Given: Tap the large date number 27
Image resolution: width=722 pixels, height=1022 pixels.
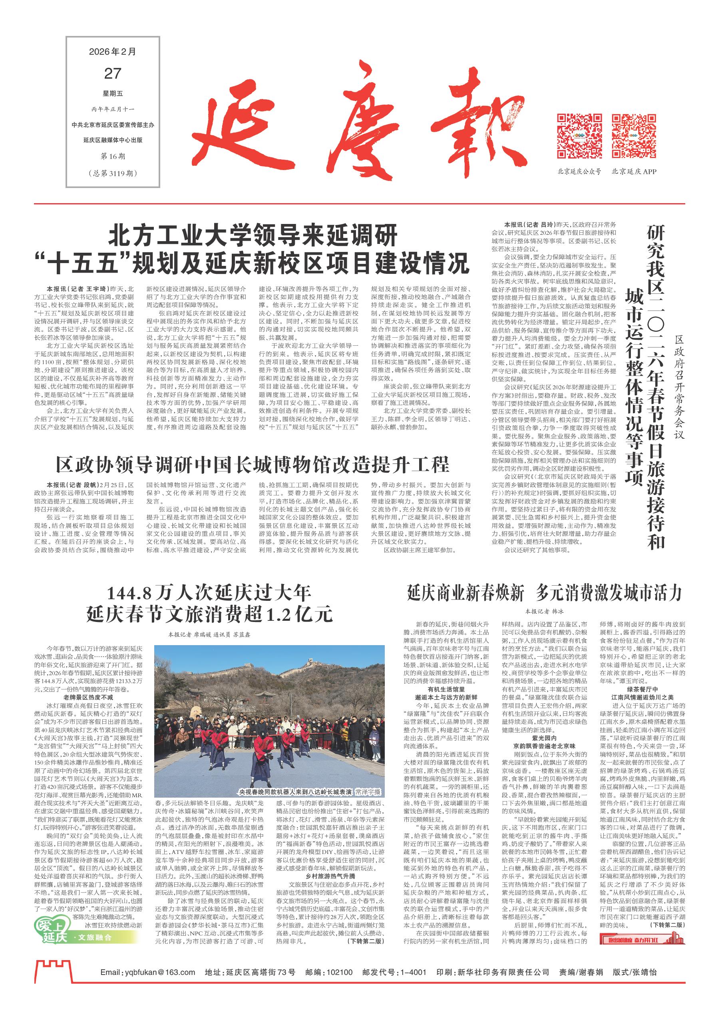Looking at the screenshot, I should (113, 73).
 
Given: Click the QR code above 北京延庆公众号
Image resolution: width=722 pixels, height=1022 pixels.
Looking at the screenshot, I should (579, 136).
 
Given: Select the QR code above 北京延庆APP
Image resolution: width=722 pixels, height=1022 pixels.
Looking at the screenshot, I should (634, 136).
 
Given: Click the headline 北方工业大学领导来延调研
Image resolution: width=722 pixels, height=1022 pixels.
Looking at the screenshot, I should (252, 237).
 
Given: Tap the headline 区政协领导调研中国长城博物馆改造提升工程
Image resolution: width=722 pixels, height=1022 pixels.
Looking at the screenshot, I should (253, 465).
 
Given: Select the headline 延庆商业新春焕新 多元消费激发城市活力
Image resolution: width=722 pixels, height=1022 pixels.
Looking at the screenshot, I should (544, 593).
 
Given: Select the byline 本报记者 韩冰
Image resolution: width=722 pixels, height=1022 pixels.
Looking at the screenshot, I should (544, 612).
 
